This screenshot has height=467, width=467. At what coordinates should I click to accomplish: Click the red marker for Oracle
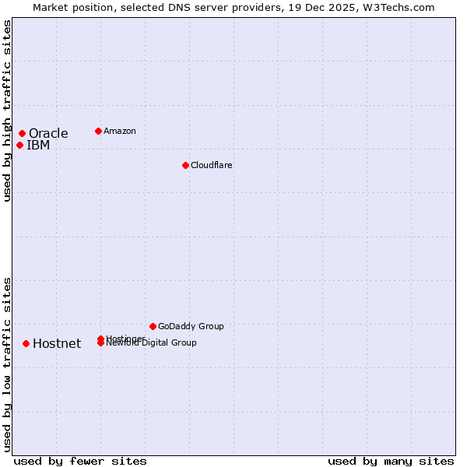22,133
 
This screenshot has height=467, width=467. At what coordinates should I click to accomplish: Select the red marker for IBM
19,145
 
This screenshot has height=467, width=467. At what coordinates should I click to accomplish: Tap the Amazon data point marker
98,131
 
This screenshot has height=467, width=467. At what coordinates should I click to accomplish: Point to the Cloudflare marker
185,165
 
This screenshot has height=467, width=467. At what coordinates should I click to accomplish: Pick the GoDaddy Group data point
153,326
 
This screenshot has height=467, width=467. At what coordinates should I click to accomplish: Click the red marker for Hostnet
26,343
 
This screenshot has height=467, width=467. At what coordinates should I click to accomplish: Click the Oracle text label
48,133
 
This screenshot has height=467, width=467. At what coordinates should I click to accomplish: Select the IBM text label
38,145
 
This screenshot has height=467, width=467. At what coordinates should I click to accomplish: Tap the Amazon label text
119,131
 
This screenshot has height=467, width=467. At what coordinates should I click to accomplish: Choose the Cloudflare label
211,165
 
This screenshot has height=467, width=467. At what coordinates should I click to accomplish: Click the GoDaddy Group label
191,326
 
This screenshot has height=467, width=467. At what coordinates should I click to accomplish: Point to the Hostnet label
57,343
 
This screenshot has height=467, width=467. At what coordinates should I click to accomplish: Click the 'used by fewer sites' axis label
80,461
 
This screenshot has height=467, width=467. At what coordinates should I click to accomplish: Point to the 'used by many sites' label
391,461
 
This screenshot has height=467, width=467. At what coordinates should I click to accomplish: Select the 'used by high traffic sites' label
7,111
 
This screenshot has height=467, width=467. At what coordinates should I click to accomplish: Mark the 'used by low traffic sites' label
7,364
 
